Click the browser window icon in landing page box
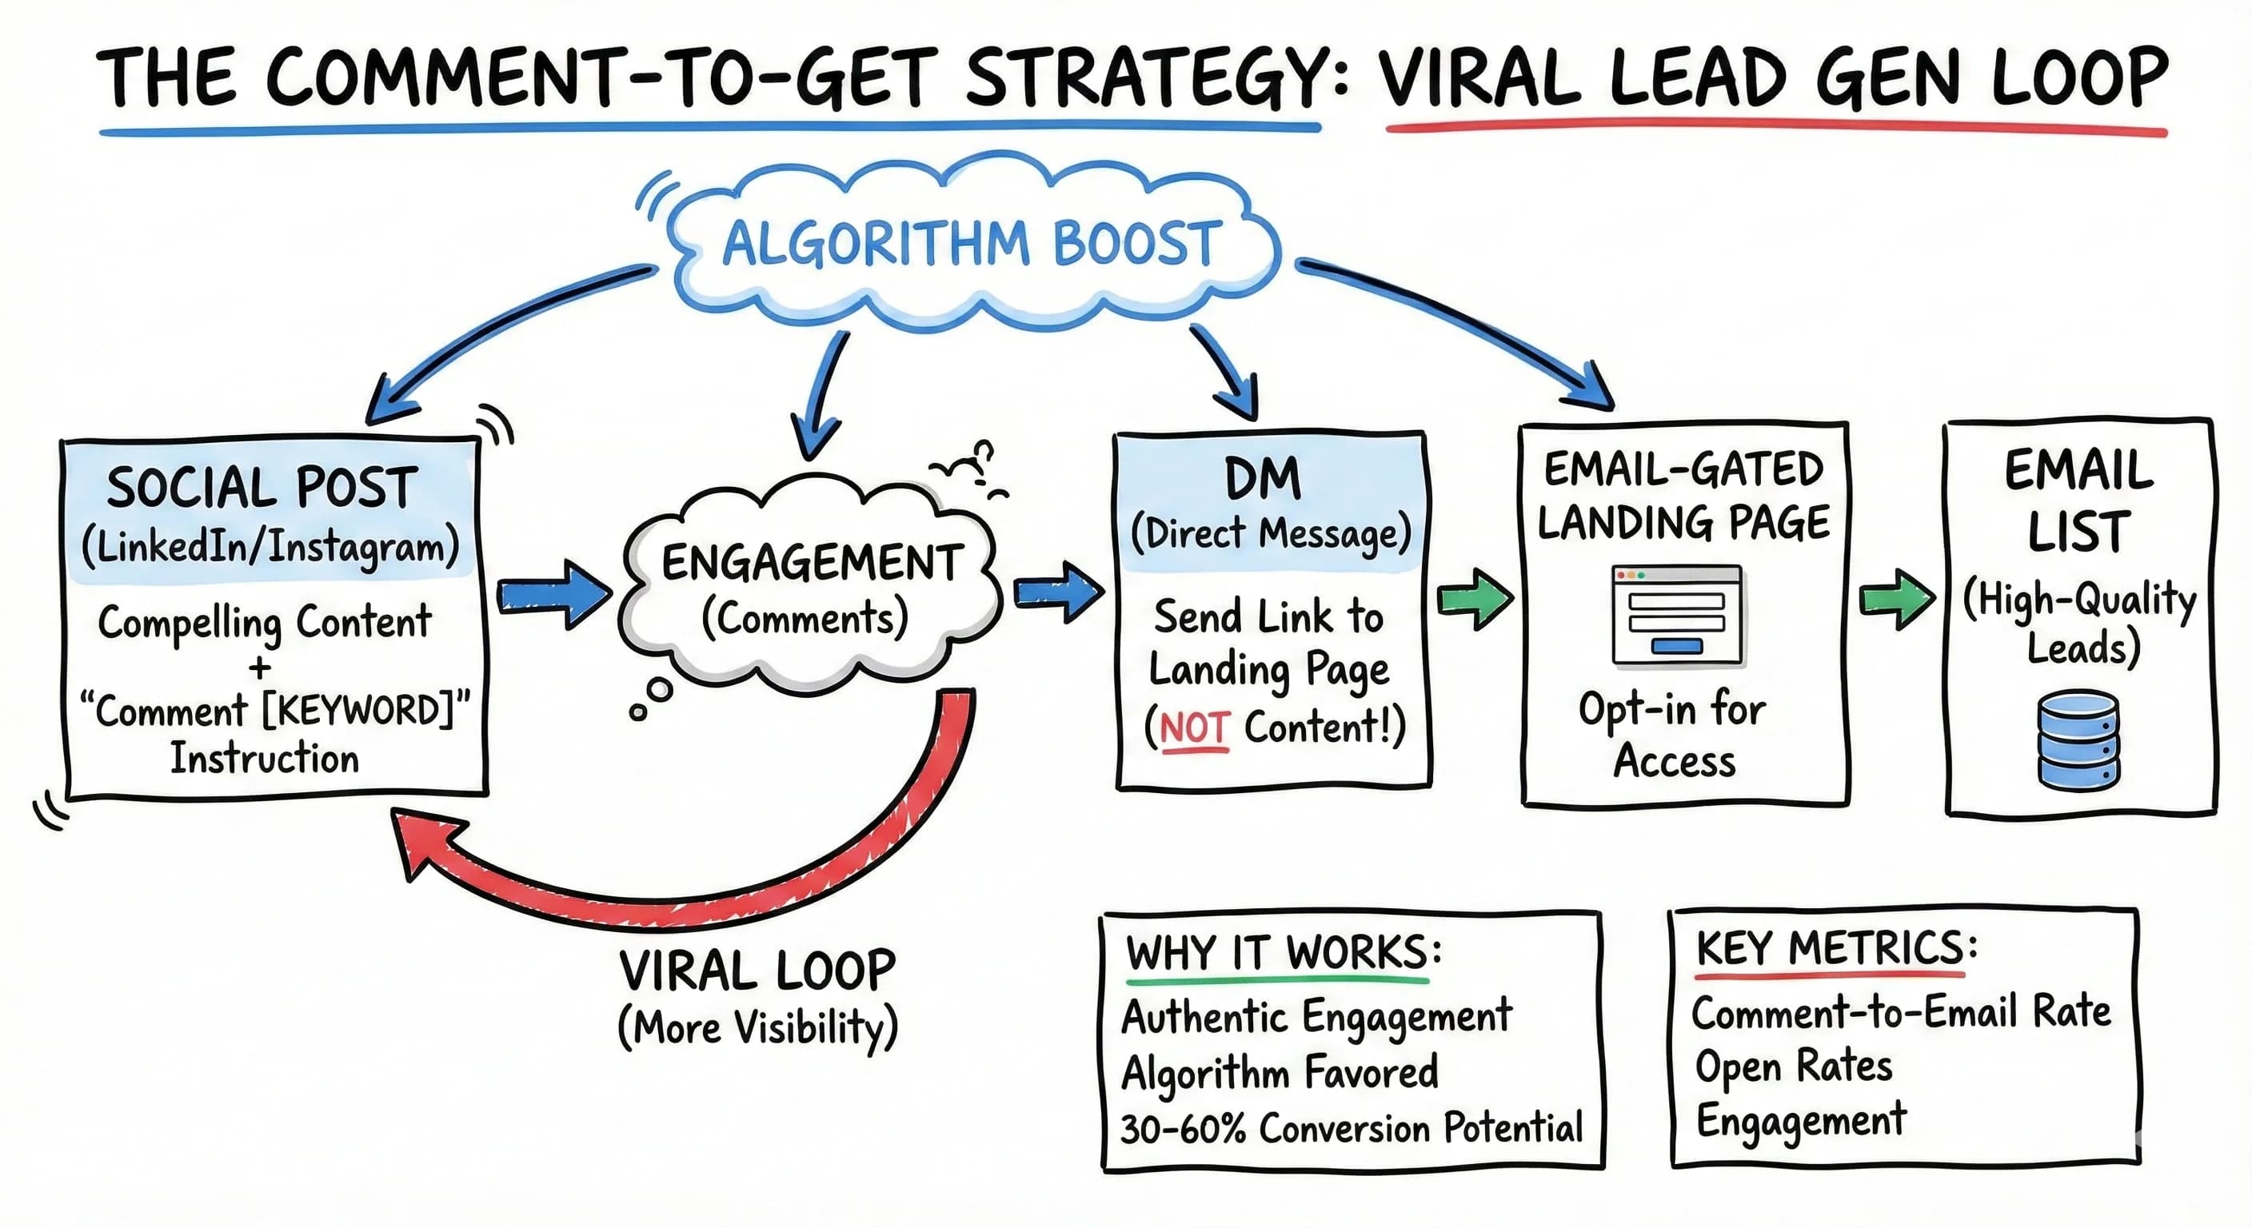coord(1677,616)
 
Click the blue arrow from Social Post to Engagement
coord(553,595)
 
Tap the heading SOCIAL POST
coord(262,488)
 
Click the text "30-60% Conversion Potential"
coord(1352,1128)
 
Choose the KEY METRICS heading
coord(1836,948)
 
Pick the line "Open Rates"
coord(1794,1067)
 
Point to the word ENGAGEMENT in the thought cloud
coord(811,563)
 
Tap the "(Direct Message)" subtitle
coord(1270,533)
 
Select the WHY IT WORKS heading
coord(1284,953)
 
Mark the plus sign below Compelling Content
coord(260,668)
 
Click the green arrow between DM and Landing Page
coord(1475,600)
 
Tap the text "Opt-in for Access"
coord(1672,734)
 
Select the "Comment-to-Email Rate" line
coord(1902,1013)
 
